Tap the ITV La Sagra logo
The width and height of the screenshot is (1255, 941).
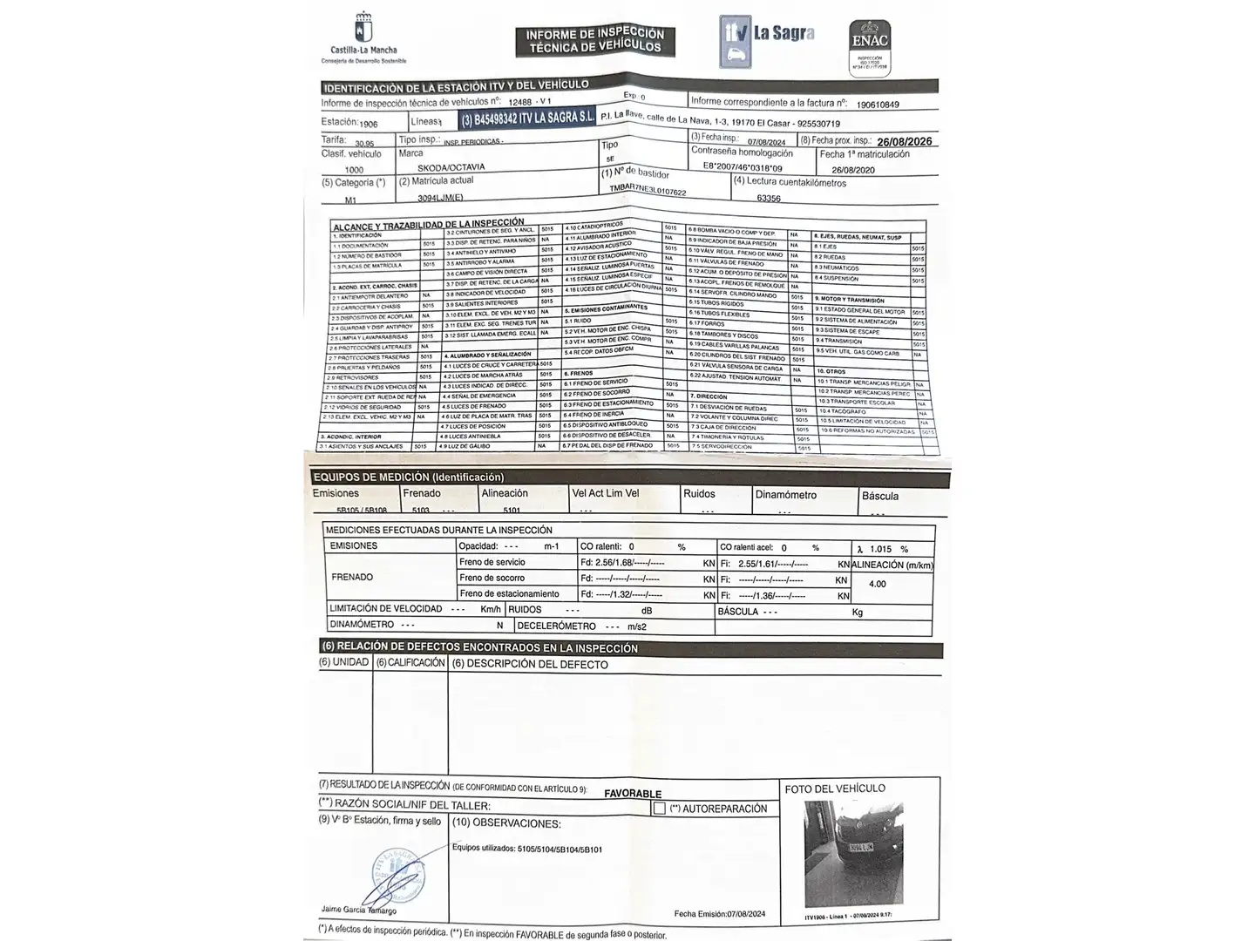coord(767,40)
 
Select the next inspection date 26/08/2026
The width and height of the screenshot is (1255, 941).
coord(904,141)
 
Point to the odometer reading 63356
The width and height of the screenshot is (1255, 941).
coord(768,198)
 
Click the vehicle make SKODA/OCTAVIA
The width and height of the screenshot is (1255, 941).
coord(451,167)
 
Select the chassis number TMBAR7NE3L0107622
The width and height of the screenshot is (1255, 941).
coord(648,192)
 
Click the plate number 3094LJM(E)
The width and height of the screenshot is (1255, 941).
coord(440,198)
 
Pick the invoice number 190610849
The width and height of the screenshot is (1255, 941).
coord(878,105)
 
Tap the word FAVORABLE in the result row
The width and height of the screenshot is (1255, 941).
coord(633,794)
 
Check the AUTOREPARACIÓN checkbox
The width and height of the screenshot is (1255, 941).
coord(660,809)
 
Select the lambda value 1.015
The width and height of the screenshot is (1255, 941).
coord(880,549)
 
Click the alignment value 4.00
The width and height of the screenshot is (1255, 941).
coord(877,584)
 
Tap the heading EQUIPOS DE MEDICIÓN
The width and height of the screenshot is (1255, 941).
coord(408,477)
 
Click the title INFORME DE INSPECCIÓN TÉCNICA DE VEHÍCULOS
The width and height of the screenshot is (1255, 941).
coord(595,40)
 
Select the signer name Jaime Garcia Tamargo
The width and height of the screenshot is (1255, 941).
coord(358,910)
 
